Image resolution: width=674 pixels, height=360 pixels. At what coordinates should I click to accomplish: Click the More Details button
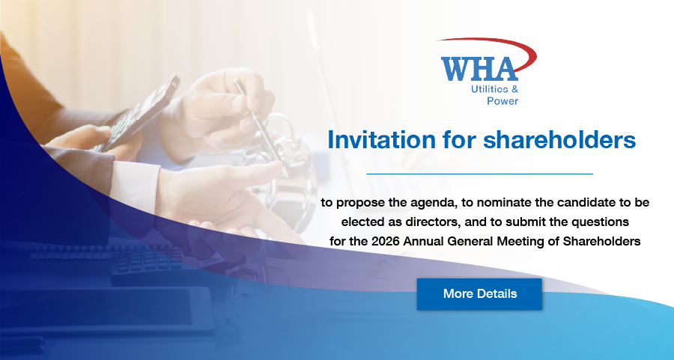(x=479, y=294)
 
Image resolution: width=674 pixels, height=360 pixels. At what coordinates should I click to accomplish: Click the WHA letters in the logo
(x=479, y=69)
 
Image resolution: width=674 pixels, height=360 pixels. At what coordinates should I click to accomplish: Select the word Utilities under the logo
(x=490, y=89)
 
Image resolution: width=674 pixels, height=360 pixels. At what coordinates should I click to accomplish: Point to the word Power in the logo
(x=503, y=101)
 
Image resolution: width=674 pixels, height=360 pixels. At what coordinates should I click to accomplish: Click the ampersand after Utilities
(x=514, y=89)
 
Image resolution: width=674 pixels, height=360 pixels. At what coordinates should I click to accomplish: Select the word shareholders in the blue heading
(x=559, y=140)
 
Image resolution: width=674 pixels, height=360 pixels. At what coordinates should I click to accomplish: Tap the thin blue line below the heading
(x=479, y=174)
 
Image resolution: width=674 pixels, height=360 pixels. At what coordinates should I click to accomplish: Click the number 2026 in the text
(x=386, y=242)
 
